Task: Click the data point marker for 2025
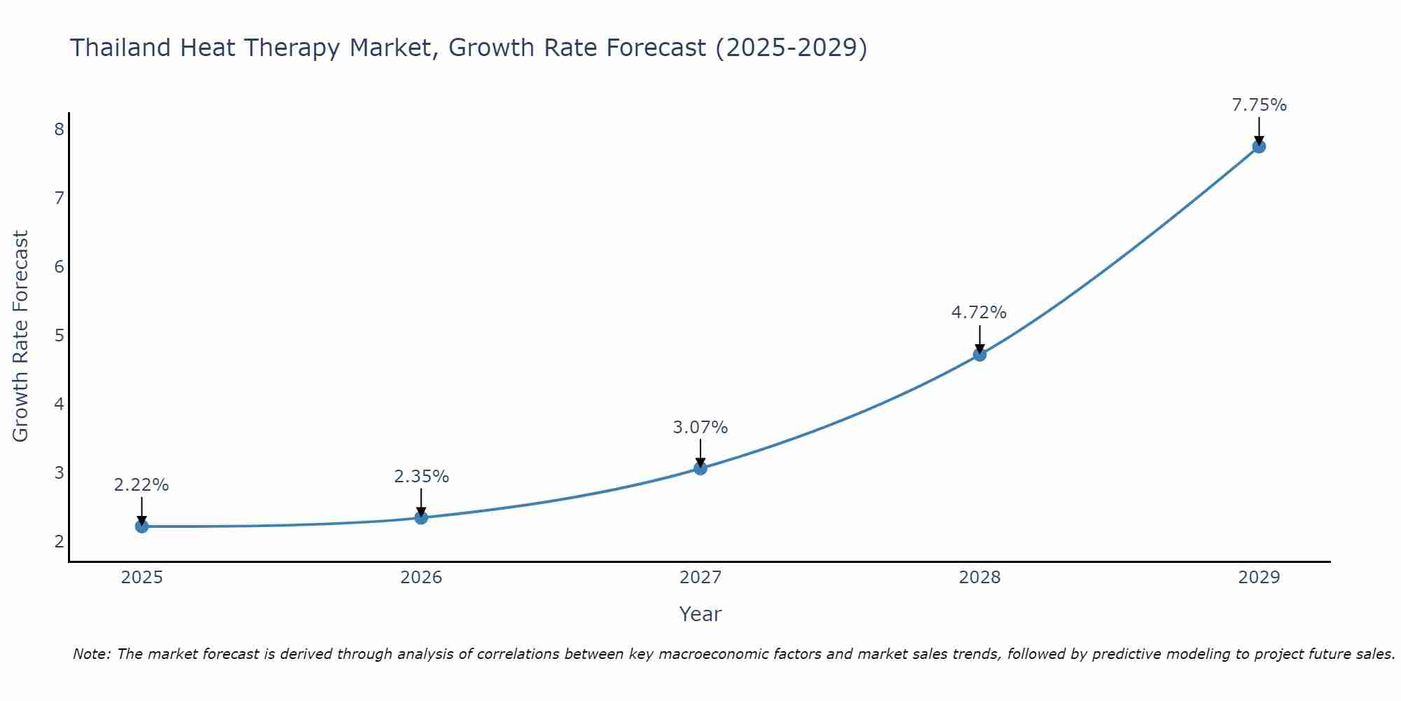pyautogui.click(x=142, y=526)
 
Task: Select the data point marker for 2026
pyautogui.click(x=421, y=517)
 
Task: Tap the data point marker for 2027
pyautogui.click(x=700, y=468)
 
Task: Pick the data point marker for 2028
pyautogui.click(x=979, y=355)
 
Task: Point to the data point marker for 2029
pyautogui.click(x=1259, y=147)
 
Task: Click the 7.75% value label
pyautogui.click(x=1259, y=105)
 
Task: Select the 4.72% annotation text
pyautogui.click(x=979, y=313)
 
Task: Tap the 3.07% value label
pyautogui.click(x=700, y=427)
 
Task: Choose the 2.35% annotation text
pyautogui.click(x=421, y=477)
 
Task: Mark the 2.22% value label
pyautogui.click(x=142, y=485)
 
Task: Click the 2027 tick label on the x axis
pyautogui.click(x=700, y=578)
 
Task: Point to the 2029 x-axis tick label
pyautogui.click(x=1259, y=578)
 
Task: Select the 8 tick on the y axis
pyautogui.click(x=59, y=129)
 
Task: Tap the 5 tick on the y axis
pyautogui.click(x=59, y=335)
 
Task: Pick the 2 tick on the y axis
pyautogui.click(x=59, y=541)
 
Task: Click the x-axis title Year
pyautogui.click(x=700, y=614)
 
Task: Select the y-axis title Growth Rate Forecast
pyautogui.click(x=21, y=336)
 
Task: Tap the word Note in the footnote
pyautogui.click(x=91, y=654)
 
